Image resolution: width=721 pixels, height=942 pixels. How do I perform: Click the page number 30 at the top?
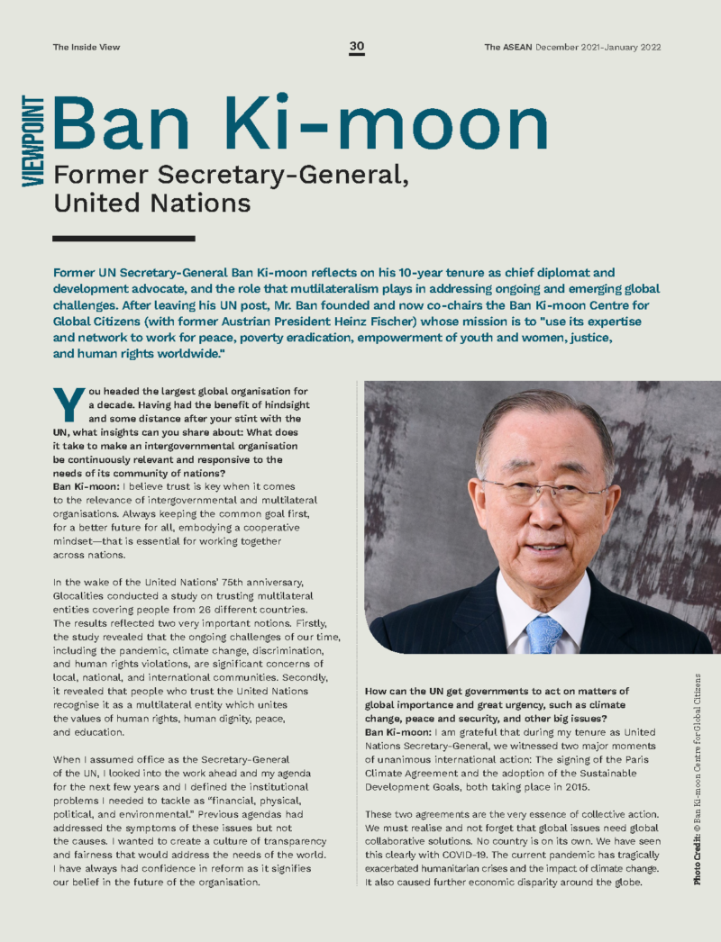point(357,47)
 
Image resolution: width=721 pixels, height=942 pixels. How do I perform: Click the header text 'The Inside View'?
point(86,47)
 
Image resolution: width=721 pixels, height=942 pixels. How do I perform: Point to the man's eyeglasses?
point(543,492)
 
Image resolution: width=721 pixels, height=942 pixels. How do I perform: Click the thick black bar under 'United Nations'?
point(123,239)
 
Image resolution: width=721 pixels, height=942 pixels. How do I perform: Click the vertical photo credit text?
point(698,778)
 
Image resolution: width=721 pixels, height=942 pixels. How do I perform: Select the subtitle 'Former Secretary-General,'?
point(232,176)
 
